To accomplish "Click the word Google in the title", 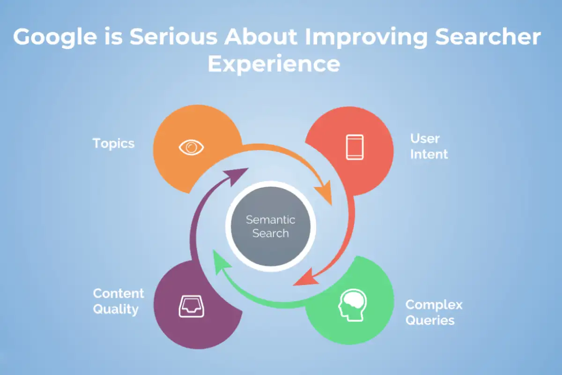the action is point(55,37).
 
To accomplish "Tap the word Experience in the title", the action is point(274,64).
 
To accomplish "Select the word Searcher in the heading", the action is point(488,37).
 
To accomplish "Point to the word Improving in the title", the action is point(366,37).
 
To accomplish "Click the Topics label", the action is point(114,144).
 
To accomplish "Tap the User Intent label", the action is point(429,146).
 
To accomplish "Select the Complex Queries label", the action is point(434,313).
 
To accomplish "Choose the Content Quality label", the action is point(118,301).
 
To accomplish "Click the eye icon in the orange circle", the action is point(191,148).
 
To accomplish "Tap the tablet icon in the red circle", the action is point(355,147).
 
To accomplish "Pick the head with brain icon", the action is point(352,305).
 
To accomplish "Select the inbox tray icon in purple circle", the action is point(192,307).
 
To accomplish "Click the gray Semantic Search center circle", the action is point(271,226).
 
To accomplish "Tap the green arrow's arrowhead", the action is point(220,262).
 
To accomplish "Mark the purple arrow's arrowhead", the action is point(236,175).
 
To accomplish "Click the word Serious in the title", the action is point(173,37).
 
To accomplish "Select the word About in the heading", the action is point(261,37).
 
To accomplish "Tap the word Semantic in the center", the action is point(271,220).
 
